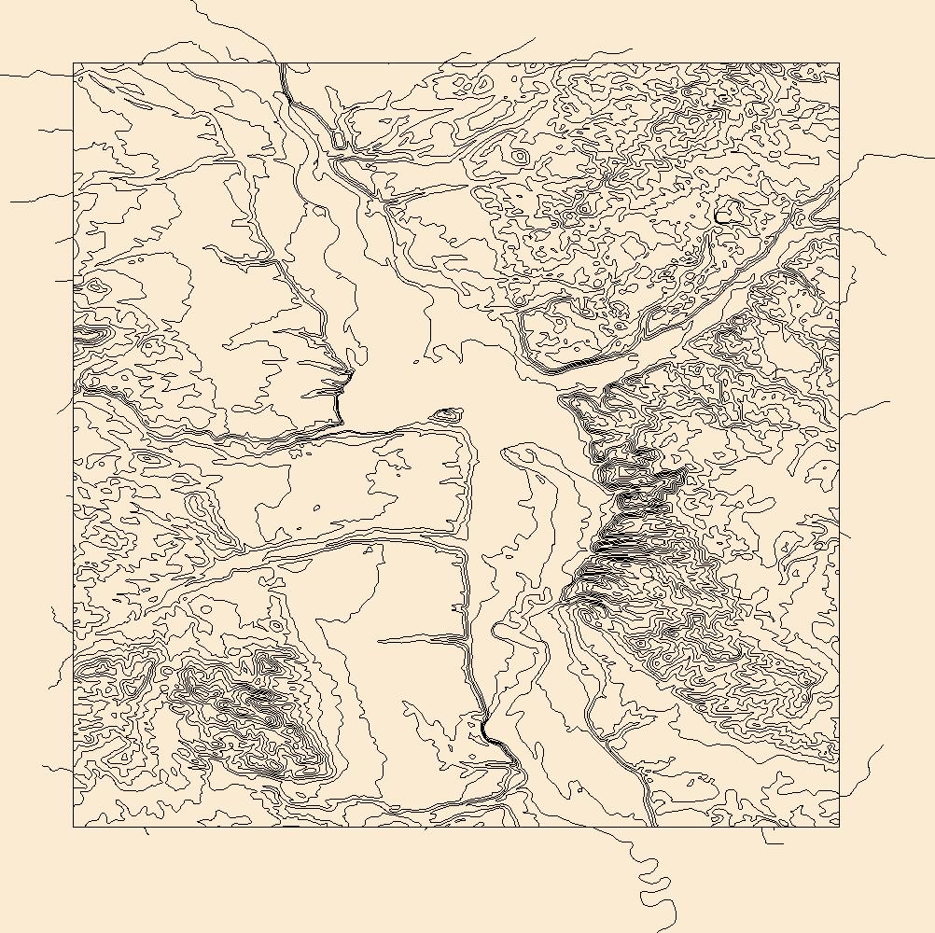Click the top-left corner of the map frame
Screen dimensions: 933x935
pyautogui.click(x=74, y=63)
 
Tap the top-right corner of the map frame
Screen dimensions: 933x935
pyautogui.click(x=839, y=63)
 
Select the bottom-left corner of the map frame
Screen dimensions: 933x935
pyautogui.click(x=74, y=827)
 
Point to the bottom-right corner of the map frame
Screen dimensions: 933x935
pyautogui.click(x=839, y=827)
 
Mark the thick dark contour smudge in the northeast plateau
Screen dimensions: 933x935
pyautogui.click(x=721, y=216)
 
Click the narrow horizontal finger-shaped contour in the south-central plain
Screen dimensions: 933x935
pyautogui.click(x=420, y=640)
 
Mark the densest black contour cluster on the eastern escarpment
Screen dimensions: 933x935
pyautogui.click(x=621, y=541)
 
